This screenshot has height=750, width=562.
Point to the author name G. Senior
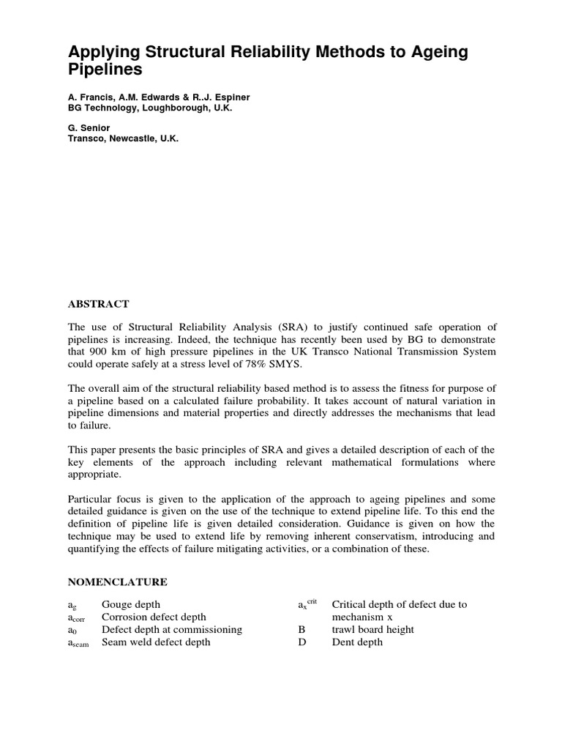(x=89, y=128)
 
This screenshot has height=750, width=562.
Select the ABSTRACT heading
(x=98, y=304)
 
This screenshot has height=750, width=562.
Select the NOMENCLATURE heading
(x=117, y=582)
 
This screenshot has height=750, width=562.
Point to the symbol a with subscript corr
(x=78, y=618)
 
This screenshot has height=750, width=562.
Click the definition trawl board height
(x=372, y=629)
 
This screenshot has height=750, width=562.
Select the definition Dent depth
(x=357, y=642)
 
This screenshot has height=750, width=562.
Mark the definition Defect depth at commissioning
(x=171, y=629)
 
